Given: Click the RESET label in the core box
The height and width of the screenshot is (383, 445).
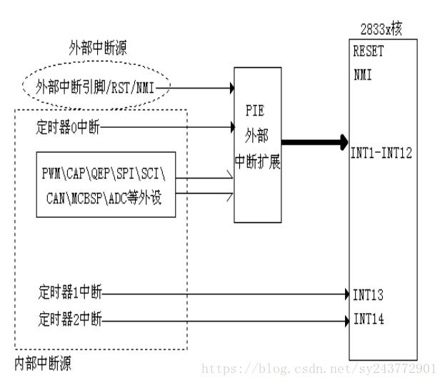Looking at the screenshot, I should coord(368,52).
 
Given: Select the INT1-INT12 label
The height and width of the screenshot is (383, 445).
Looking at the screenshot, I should coord(381,151).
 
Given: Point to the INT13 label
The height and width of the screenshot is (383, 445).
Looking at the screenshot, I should coord(369,294).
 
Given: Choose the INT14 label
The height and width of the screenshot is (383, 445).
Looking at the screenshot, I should coord(369,319).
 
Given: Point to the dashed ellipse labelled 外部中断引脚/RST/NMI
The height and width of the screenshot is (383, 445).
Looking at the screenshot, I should coord(104,89).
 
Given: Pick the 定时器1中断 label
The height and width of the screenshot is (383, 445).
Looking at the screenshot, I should coord(71,293).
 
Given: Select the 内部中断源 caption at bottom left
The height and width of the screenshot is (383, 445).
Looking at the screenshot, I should coord(43,364).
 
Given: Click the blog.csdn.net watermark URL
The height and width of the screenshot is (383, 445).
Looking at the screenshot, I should coord(319,369).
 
